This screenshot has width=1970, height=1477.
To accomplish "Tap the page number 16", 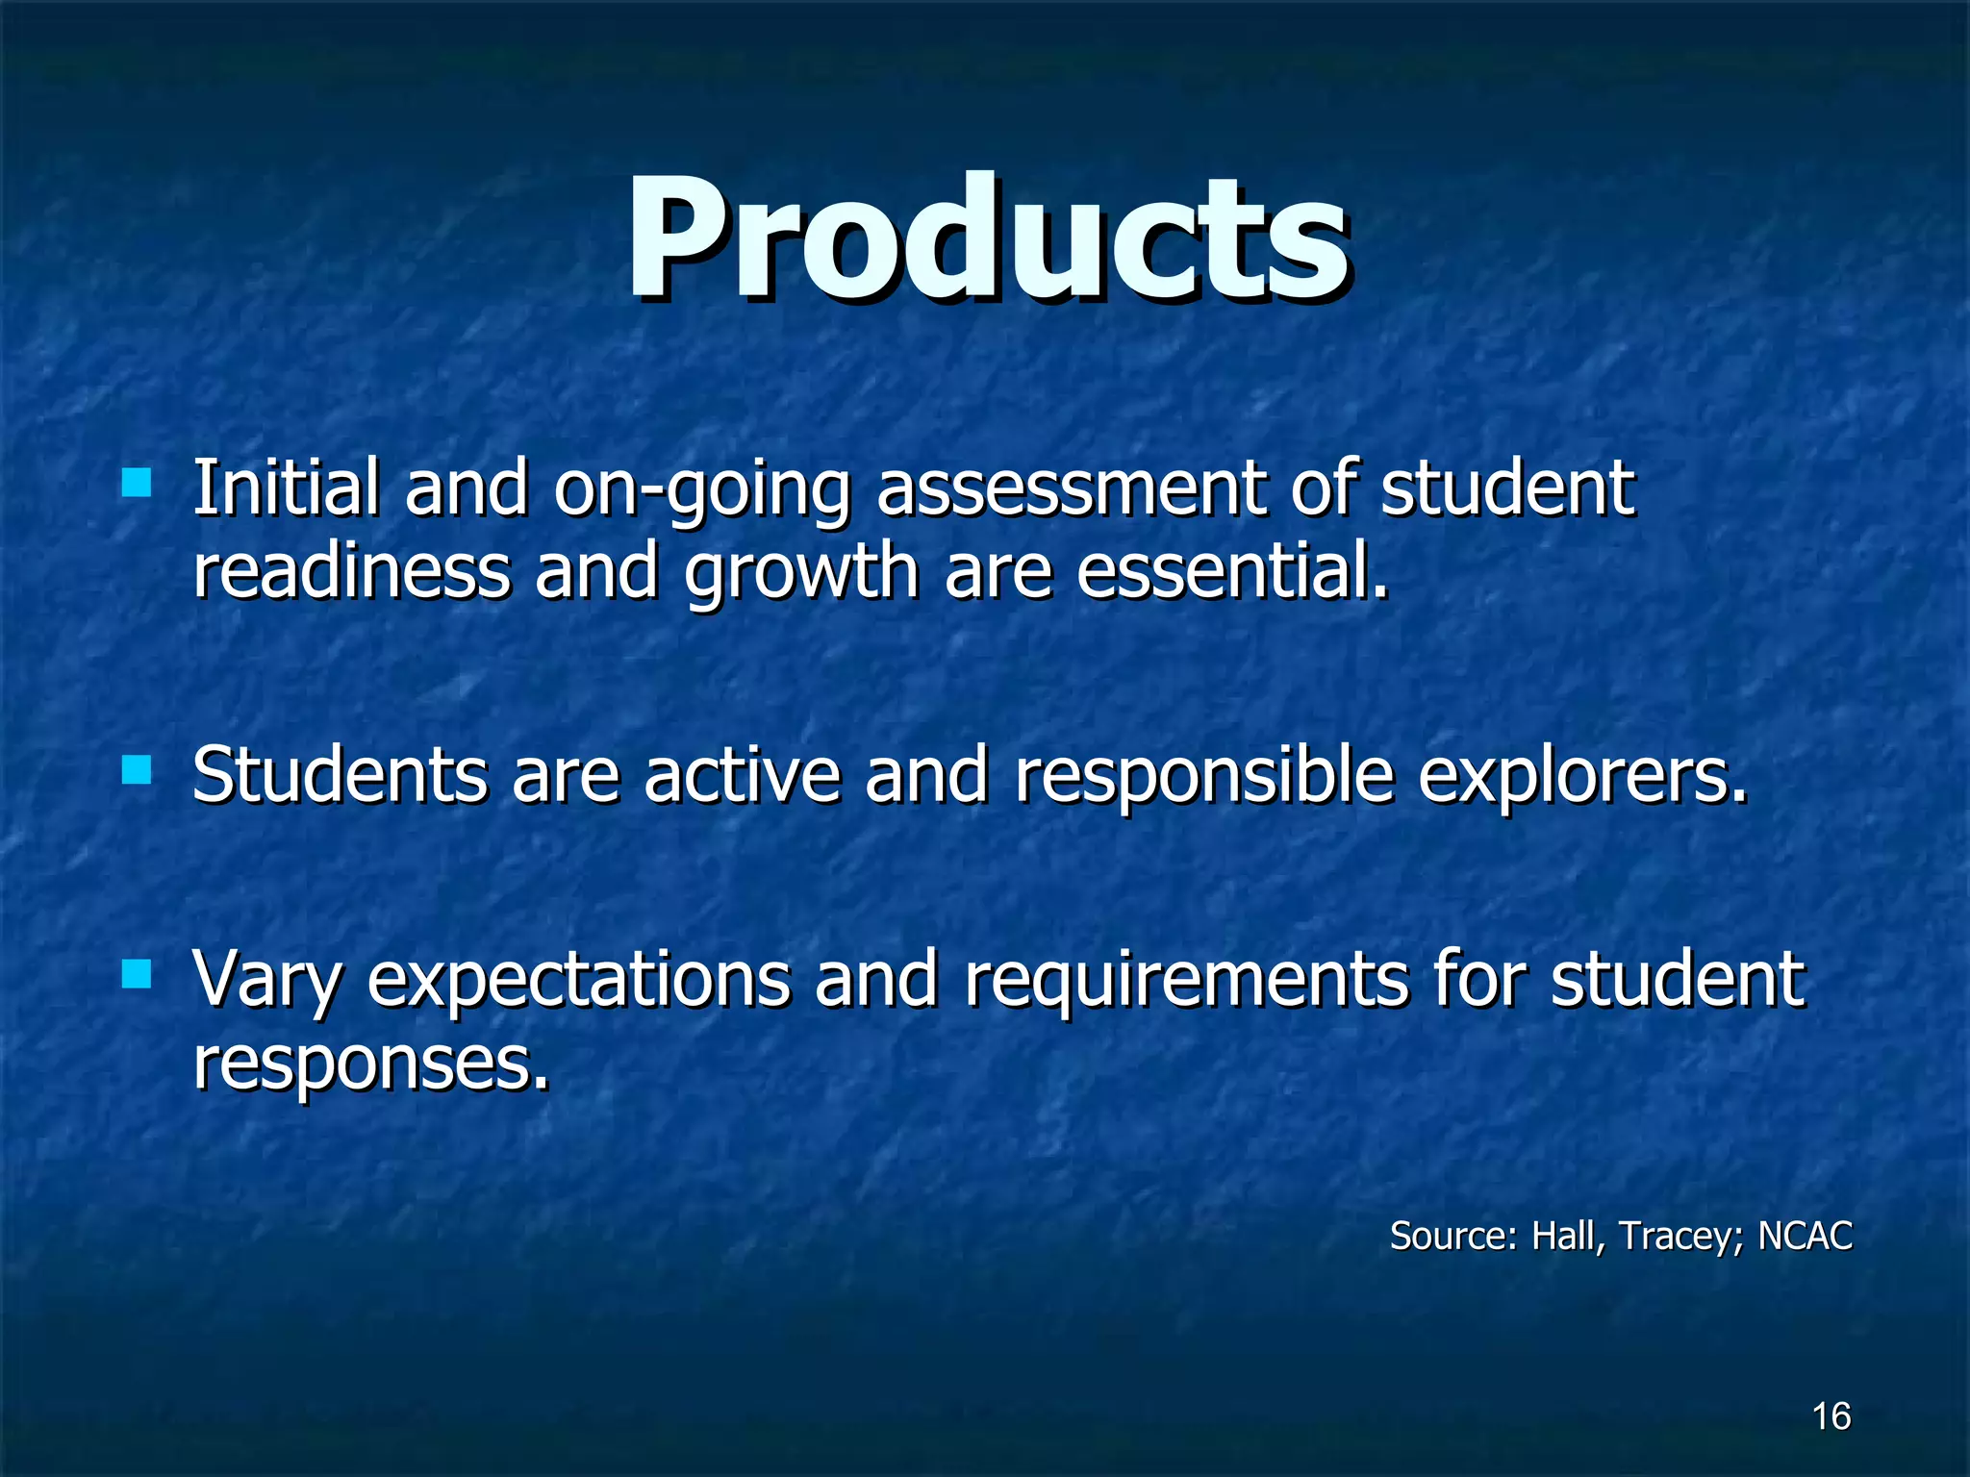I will [1831, 1416].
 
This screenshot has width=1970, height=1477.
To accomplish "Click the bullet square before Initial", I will [137, 482].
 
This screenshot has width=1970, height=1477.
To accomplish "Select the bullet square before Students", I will [137, 770].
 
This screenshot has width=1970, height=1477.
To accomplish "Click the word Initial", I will [286, 488].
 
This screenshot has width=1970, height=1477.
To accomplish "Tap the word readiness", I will [351, 571].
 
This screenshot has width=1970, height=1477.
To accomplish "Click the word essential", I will [1231, 571].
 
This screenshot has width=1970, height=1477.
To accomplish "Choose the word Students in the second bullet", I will [340, 775].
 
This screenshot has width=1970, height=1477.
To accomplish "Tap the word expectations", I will [578, 981].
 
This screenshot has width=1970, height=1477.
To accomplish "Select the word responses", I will [370, 1064].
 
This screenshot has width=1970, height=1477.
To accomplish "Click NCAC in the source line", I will [1805, 1236].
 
